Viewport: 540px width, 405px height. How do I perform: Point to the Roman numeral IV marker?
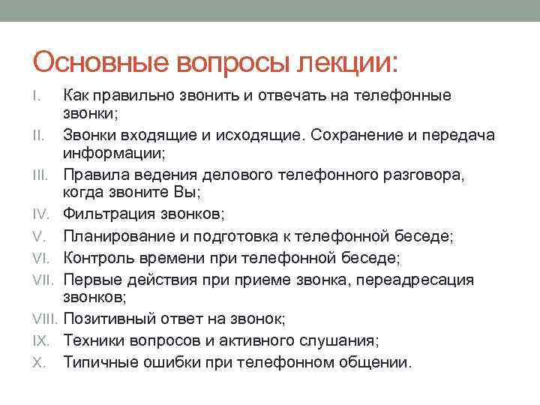[40, 215]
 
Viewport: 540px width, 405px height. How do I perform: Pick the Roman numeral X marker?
[39, 361]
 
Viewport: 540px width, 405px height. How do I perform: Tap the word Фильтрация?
[108, 215]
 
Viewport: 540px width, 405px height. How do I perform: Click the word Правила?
[94, 175]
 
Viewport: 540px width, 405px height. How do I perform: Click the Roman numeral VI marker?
[40, 259]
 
